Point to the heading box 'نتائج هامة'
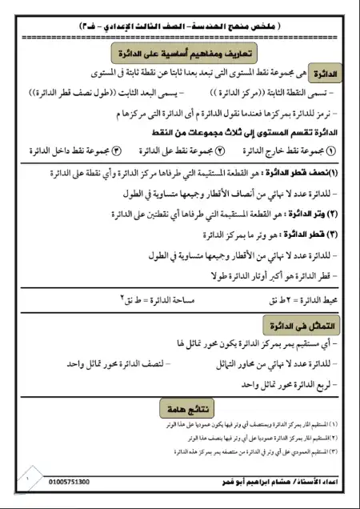coord(183,408)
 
